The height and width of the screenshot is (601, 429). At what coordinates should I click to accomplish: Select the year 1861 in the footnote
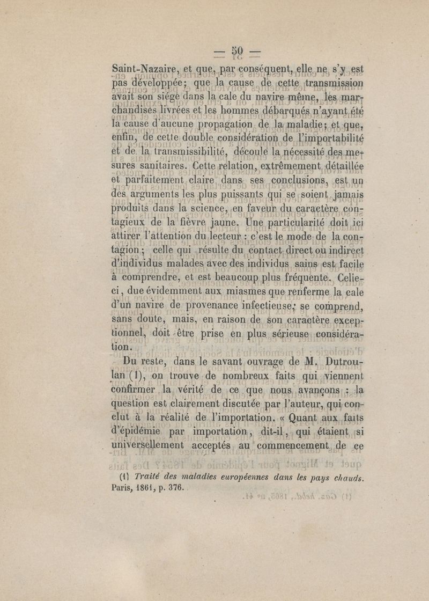pos(156,489)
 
